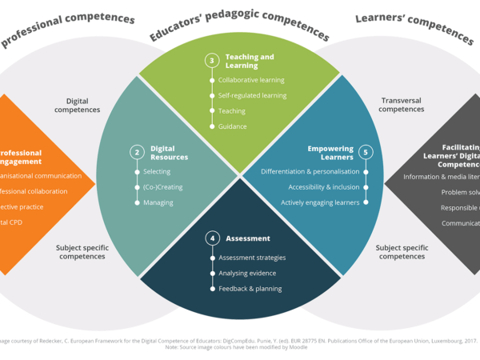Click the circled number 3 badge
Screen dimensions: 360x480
[x=212, y=61]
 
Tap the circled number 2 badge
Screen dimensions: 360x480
[x=138, y=152]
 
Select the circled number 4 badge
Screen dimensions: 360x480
[x=212, y=238]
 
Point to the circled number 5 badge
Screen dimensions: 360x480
[x=366, y=152]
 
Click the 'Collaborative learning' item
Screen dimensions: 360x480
[x=251, y=80]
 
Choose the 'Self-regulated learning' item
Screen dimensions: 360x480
[x=252, y=96]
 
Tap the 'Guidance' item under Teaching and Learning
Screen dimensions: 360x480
[x=233, y=126]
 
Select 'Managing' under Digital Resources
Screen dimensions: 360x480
[x=158, y=203]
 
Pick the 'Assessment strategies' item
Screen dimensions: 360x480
[x=252, y=258]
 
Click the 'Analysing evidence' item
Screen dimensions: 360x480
[x=247, y=273]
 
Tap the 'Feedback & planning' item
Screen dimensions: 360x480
[x=250, y=288]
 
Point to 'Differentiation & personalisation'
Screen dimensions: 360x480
[x=310, y=172]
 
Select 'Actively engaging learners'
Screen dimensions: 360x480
[x=319, y=202]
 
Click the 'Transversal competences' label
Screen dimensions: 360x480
[x=402, y=105]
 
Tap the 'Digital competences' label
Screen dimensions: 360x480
[x=78, y=105]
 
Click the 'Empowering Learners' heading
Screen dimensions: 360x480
[x=331, y=152]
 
